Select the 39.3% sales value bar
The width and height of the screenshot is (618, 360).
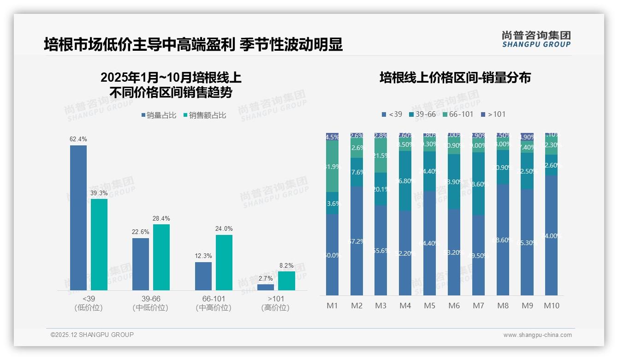point(99,245)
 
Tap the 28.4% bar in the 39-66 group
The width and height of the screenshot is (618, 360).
point(161,257)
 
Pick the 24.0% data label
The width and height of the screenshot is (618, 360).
point(224,228)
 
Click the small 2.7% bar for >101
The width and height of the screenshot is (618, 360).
point(266,287)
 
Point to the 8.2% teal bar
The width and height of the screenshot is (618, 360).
point(286,281)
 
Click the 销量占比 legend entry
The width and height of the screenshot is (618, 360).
point(159,115)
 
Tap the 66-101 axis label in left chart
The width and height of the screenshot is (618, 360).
point(214,299)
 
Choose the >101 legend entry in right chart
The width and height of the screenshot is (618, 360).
point(493,114)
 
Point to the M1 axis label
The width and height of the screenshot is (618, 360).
point(332,306)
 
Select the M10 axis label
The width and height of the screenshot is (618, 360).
point(551,306)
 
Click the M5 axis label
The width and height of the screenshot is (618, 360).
point(429,306)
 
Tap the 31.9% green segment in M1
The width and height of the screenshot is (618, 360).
point(332,166)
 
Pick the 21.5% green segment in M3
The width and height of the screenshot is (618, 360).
point(380,156)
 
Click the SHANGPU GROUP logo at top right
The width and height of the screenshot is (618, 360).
point(536,39)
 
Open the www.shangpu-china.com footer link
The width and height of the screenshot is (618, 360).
point(537,335)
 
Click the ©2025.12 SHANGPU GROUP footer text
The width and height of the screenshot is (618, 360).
point(92,335)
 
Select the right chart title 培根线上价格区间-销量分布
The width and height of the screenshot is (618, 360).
point(455,78)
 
